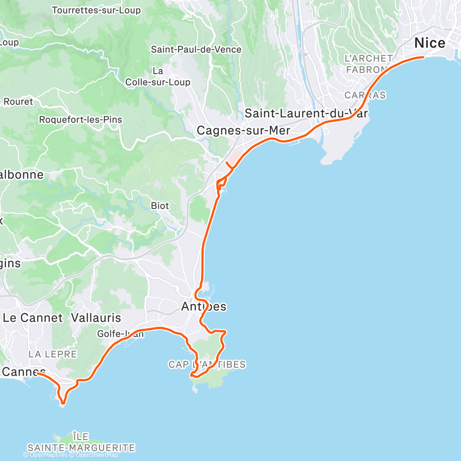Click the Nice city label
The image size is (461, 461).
430,43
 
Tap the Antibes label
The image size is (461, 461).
204,307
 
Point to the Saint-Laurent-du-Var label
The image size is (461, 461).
306,113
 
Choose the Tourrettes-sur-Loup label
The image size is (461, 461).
96,10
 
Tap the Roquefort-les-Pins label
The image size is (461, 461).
81,119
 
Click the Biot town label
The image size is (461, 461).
160,206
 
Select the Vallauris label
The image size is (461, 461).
96,318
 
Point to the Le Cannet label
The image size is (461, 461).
32,318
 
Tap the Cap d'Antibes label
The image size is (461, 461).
207,365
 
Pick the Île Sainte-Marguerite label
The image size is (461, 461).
81,442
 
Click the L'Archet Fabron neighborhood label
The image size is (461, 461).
369,64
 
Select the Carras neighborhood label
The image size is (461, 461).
365,95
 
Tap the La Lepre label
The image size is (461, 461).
53,354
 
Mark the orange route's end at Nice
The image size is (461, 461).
423,57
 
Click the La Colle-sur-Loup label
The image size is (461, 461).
158,77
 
